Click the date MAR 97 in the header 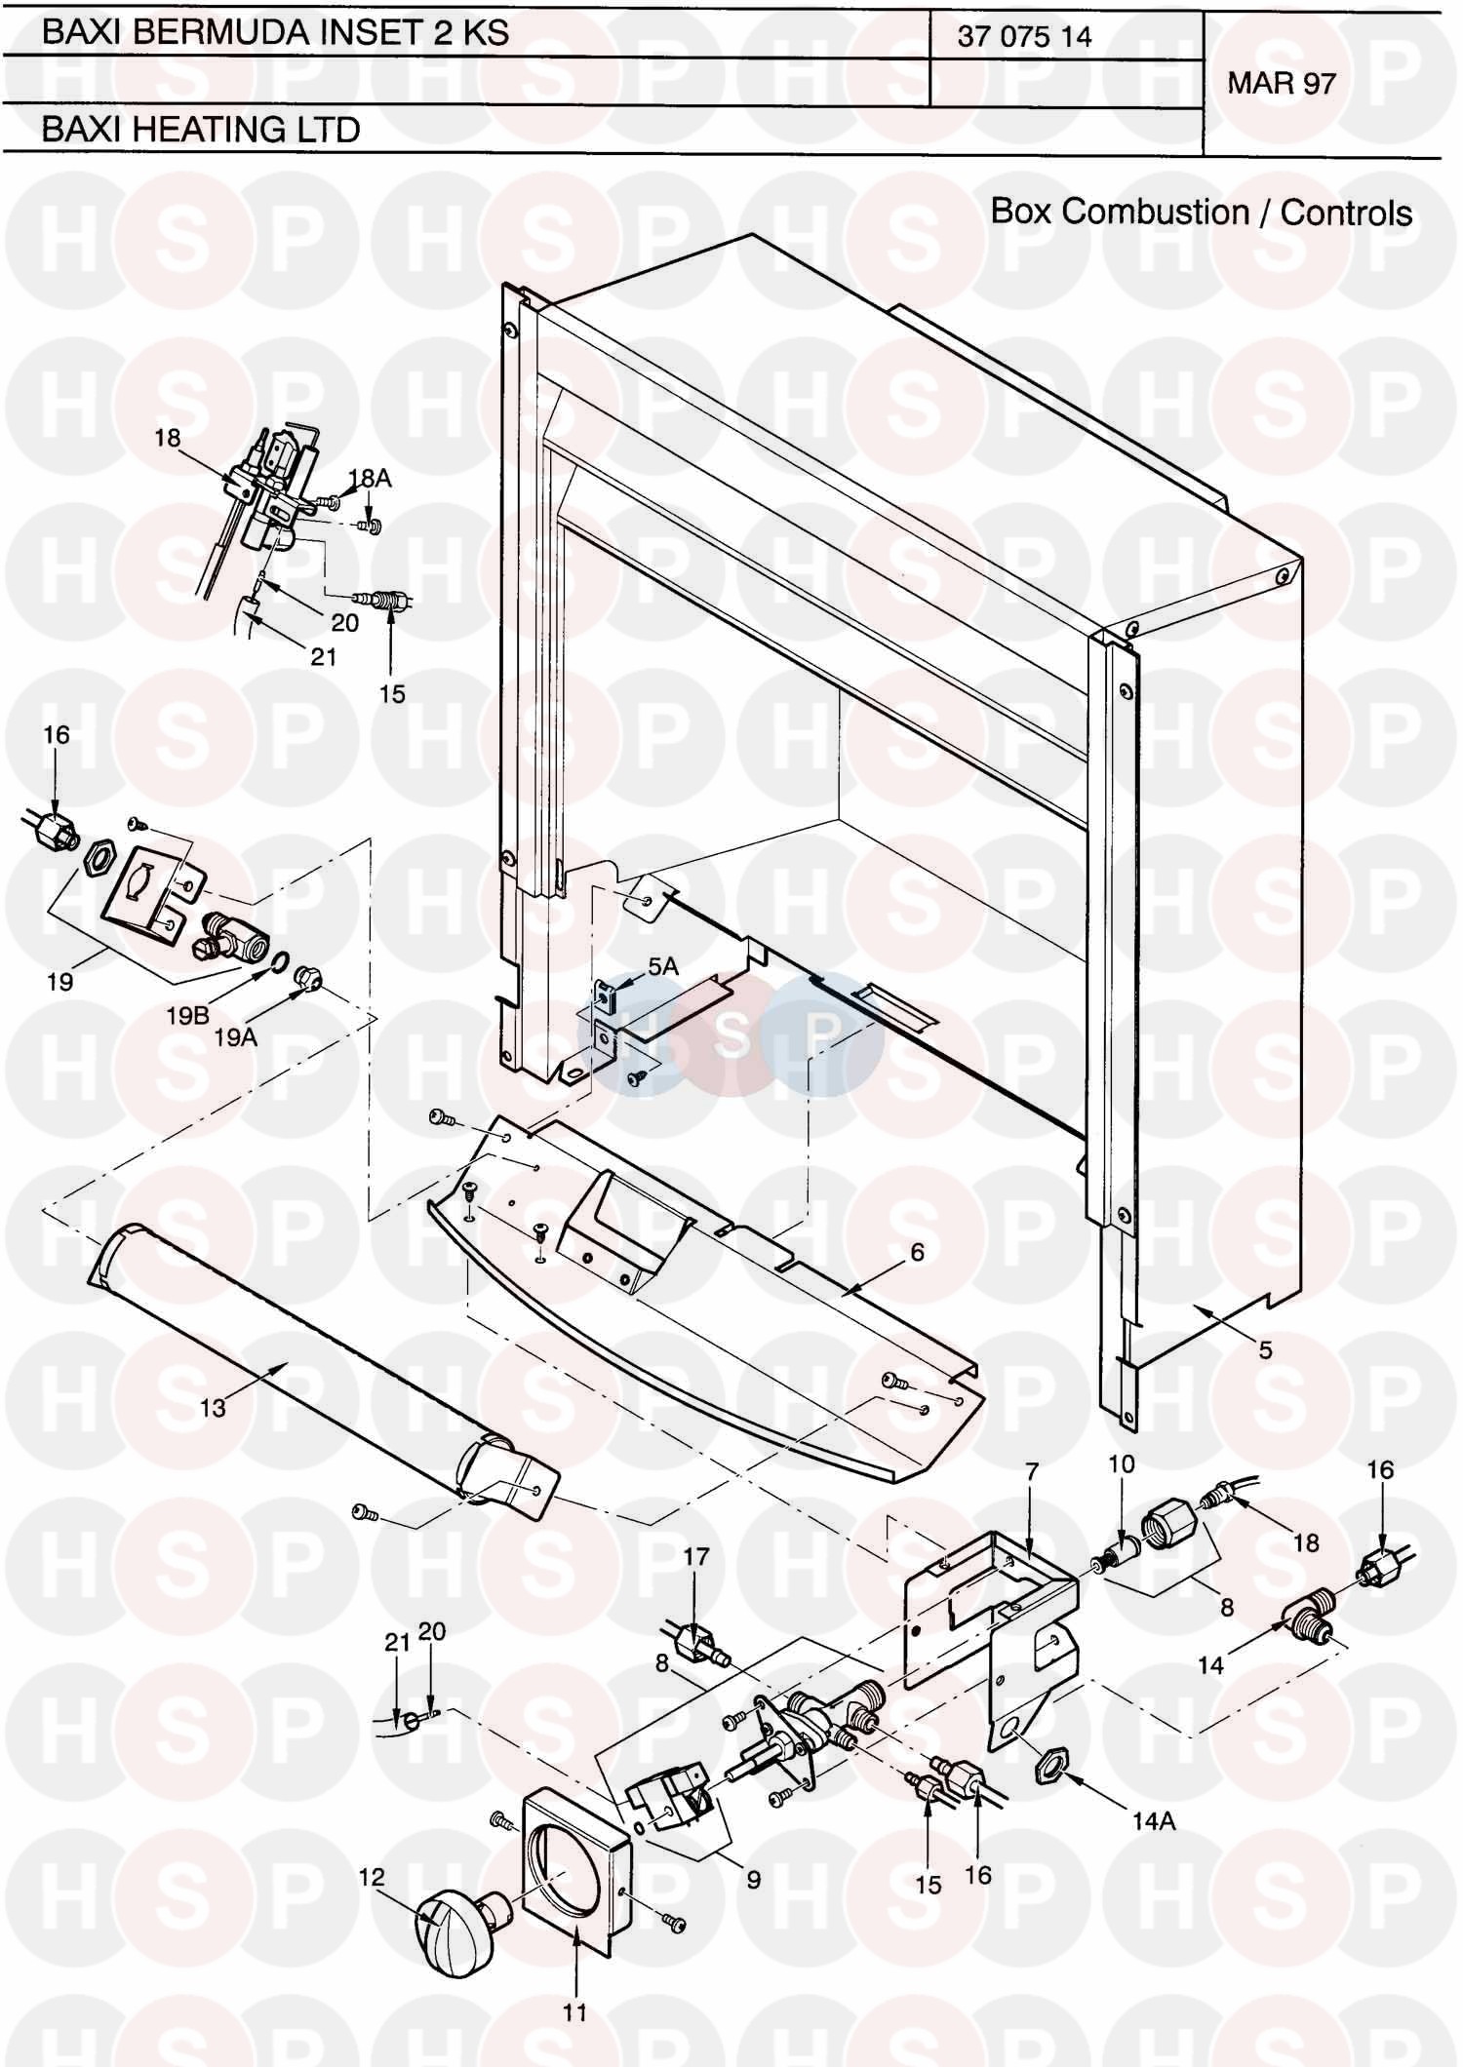coord(1281,83)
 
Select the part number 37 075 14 coord(1024,37)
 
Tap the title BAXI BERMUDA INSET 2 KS coord(275,32)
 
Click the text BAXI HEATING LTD coord(201,129)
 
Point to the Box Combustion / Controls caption coord(1202,212)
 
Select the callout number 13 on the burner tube coord(213,1407)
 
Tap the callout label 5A coord(663,966)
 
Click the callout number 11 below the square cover coord(574,2011)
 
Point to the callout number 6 coord(917,1251)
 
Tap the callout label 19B coord(187,1015)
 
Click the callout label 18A coord(370,477)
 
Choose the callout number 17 coord(695,1556)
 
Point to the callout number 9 coord(753,1878)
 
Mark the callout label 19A coord(235,1037)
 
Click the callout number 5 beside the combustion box coord(1265,1350)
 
